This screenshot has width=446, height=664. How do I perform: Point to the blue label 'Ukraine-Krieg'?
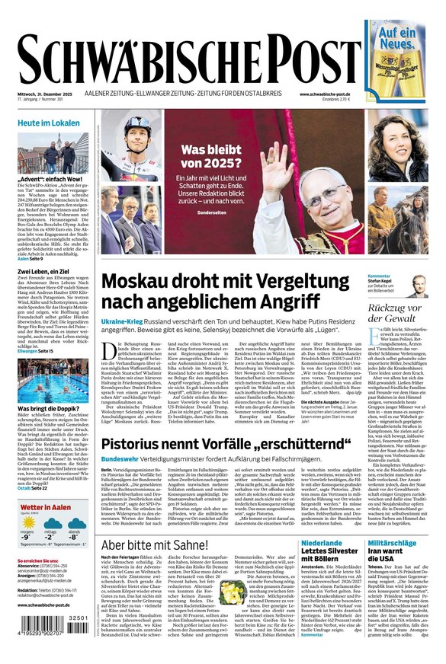(x=123, y=323)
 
